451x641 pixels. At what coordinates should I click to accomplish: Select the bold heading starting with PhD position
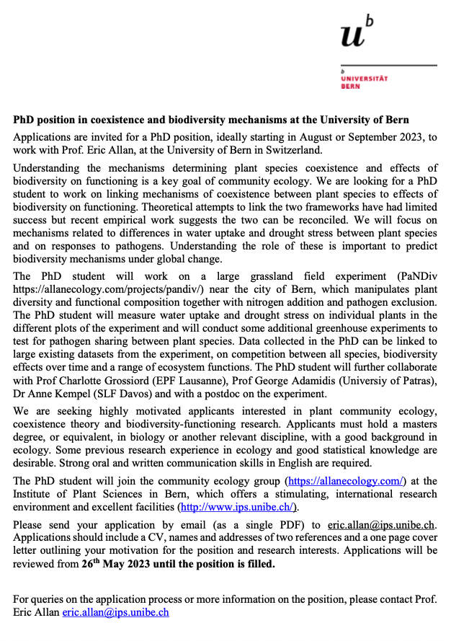(x=211, y=120)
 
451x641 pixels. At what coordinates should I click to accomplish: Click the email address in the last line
(x=115, y=612)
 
